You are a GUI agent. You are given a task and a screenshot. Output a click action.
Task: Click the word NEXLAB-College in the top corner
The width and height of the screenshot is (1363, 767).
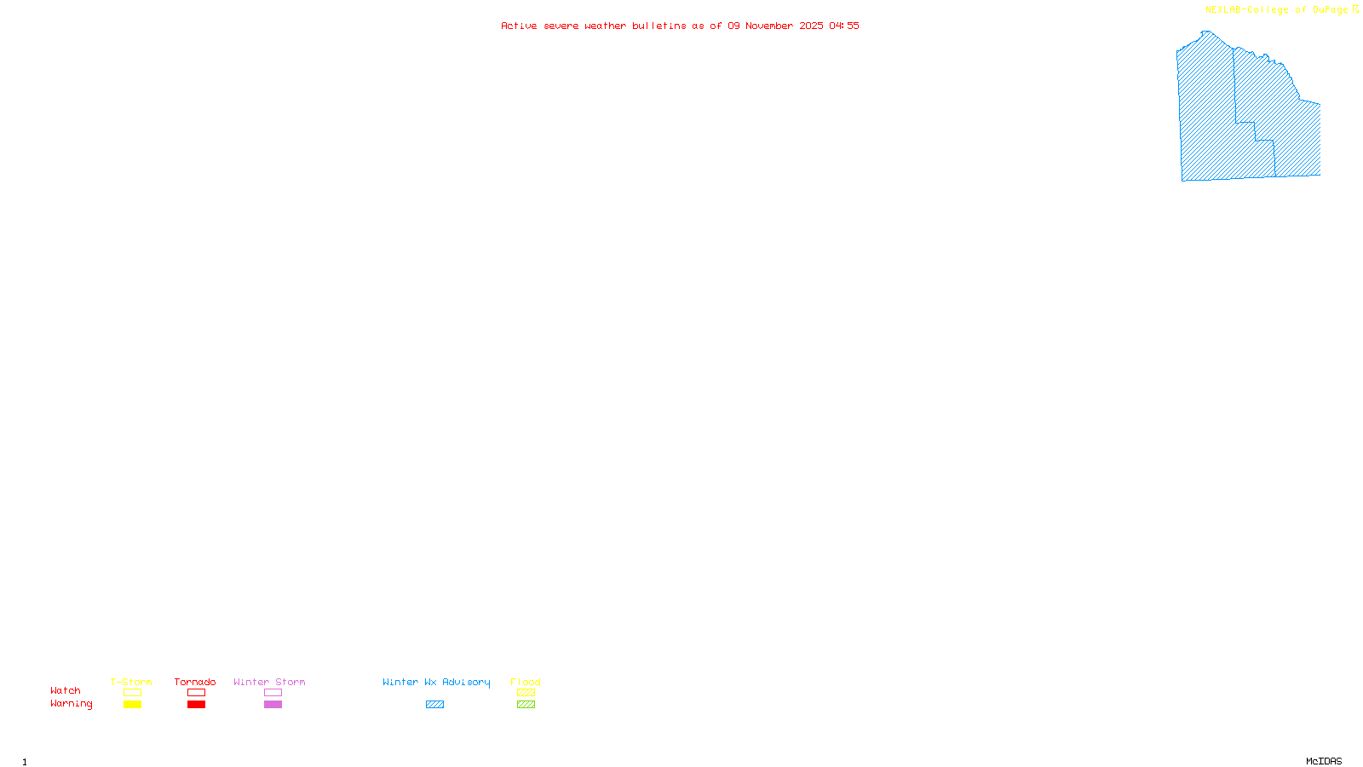(1247, 10)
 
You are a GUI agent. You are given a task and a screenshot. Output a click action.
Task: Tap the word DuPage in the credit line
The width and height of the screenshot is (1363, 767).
(1330, 10)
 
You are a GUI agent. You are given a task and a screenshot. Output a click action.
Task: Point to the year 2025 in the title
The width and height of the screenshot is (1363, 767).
(811, 26)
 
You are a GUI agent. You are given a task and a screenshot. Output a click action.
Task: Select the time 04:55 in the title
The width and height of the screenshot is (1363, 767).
(844, 26)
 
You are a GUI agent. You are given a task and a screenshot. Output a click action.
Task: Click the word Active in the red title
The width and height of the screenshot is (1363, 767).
(519, 26)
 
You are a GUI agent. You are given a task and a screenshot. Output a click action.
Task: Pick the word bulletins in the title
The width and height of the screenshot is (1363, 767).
(659, 26)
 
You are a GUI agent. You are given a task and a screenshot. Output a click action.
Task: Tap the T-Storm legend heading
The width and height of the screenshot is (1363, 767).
(131, 682)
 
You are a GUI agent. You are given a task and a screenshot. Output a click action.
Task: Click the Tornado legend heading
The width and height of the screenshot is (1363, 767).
(195, 682)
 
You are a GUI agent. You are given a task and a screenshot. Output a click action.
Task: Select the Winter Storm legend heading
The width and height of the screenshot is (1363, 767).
(269, 682)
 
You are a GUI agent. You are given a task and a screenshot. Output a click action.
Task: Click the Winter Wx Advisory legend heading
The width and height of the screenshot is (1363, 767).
(436, 682)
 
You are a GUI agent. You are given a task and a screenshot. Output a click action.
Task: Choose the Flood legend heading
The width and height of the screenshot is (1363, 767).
(526, 682)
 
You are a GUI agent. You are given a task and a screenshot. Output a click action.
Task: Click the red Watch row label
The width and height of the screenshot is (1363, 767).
(66, 690)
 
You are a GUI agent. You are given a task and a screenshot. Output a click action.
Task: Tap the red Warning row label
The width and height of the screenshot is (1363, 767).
(72, 704)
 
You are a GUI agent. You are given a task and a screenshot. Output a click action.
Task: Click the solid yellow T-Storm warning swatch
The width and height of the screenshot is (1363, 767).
(132, 705)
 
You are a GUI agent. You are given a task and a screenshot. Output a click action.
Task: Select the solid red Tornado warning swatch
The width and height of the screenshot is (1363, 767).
(196, 705)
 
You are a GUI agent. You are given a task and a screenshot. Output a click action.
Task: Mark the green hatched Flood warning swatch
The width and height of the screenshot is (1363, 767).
(526, 705)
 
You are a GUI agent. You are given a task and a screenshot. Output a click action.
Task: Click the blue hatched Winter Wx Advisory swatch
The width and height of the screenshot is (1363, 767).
(434, 705)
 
